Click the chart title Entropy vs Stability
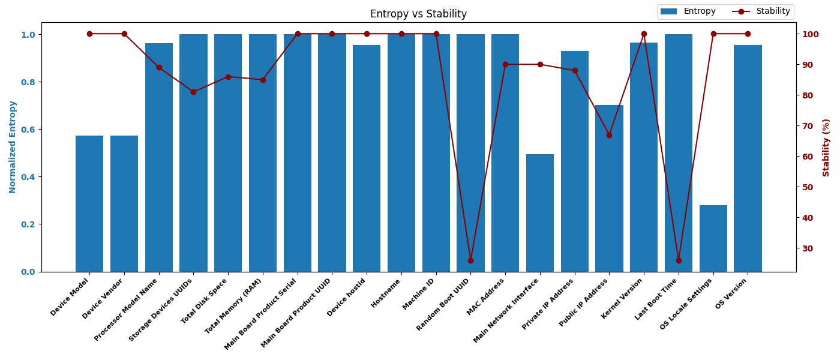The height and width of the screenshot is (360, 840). coord(418,14)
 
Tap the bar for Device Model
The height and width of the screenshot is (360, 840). coord(89,204)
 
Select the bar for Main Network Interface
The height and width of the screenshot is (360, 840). coord(540,213)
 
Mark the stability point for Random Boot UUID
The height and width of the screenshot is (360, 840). coord(470,260)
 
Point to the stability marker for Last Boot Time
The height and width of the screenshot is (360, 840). coord(679,260)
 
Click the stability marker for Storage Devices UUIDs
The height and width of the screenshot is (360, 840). coord(193,92)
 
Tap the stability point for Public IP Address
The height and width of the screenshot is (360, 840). coord(609,135)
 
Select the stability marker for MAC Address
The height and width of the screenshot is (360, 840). coord(505,64)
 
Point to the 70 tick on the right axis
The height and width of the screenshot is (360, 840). coord(808,126)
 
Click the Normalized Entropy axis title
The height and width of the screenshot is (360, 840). coord(13,147)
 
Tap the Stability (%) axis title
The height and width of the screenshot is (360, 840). coord(826,147)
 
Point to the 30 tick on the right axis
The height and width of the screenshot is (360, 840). coord(808,248)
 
